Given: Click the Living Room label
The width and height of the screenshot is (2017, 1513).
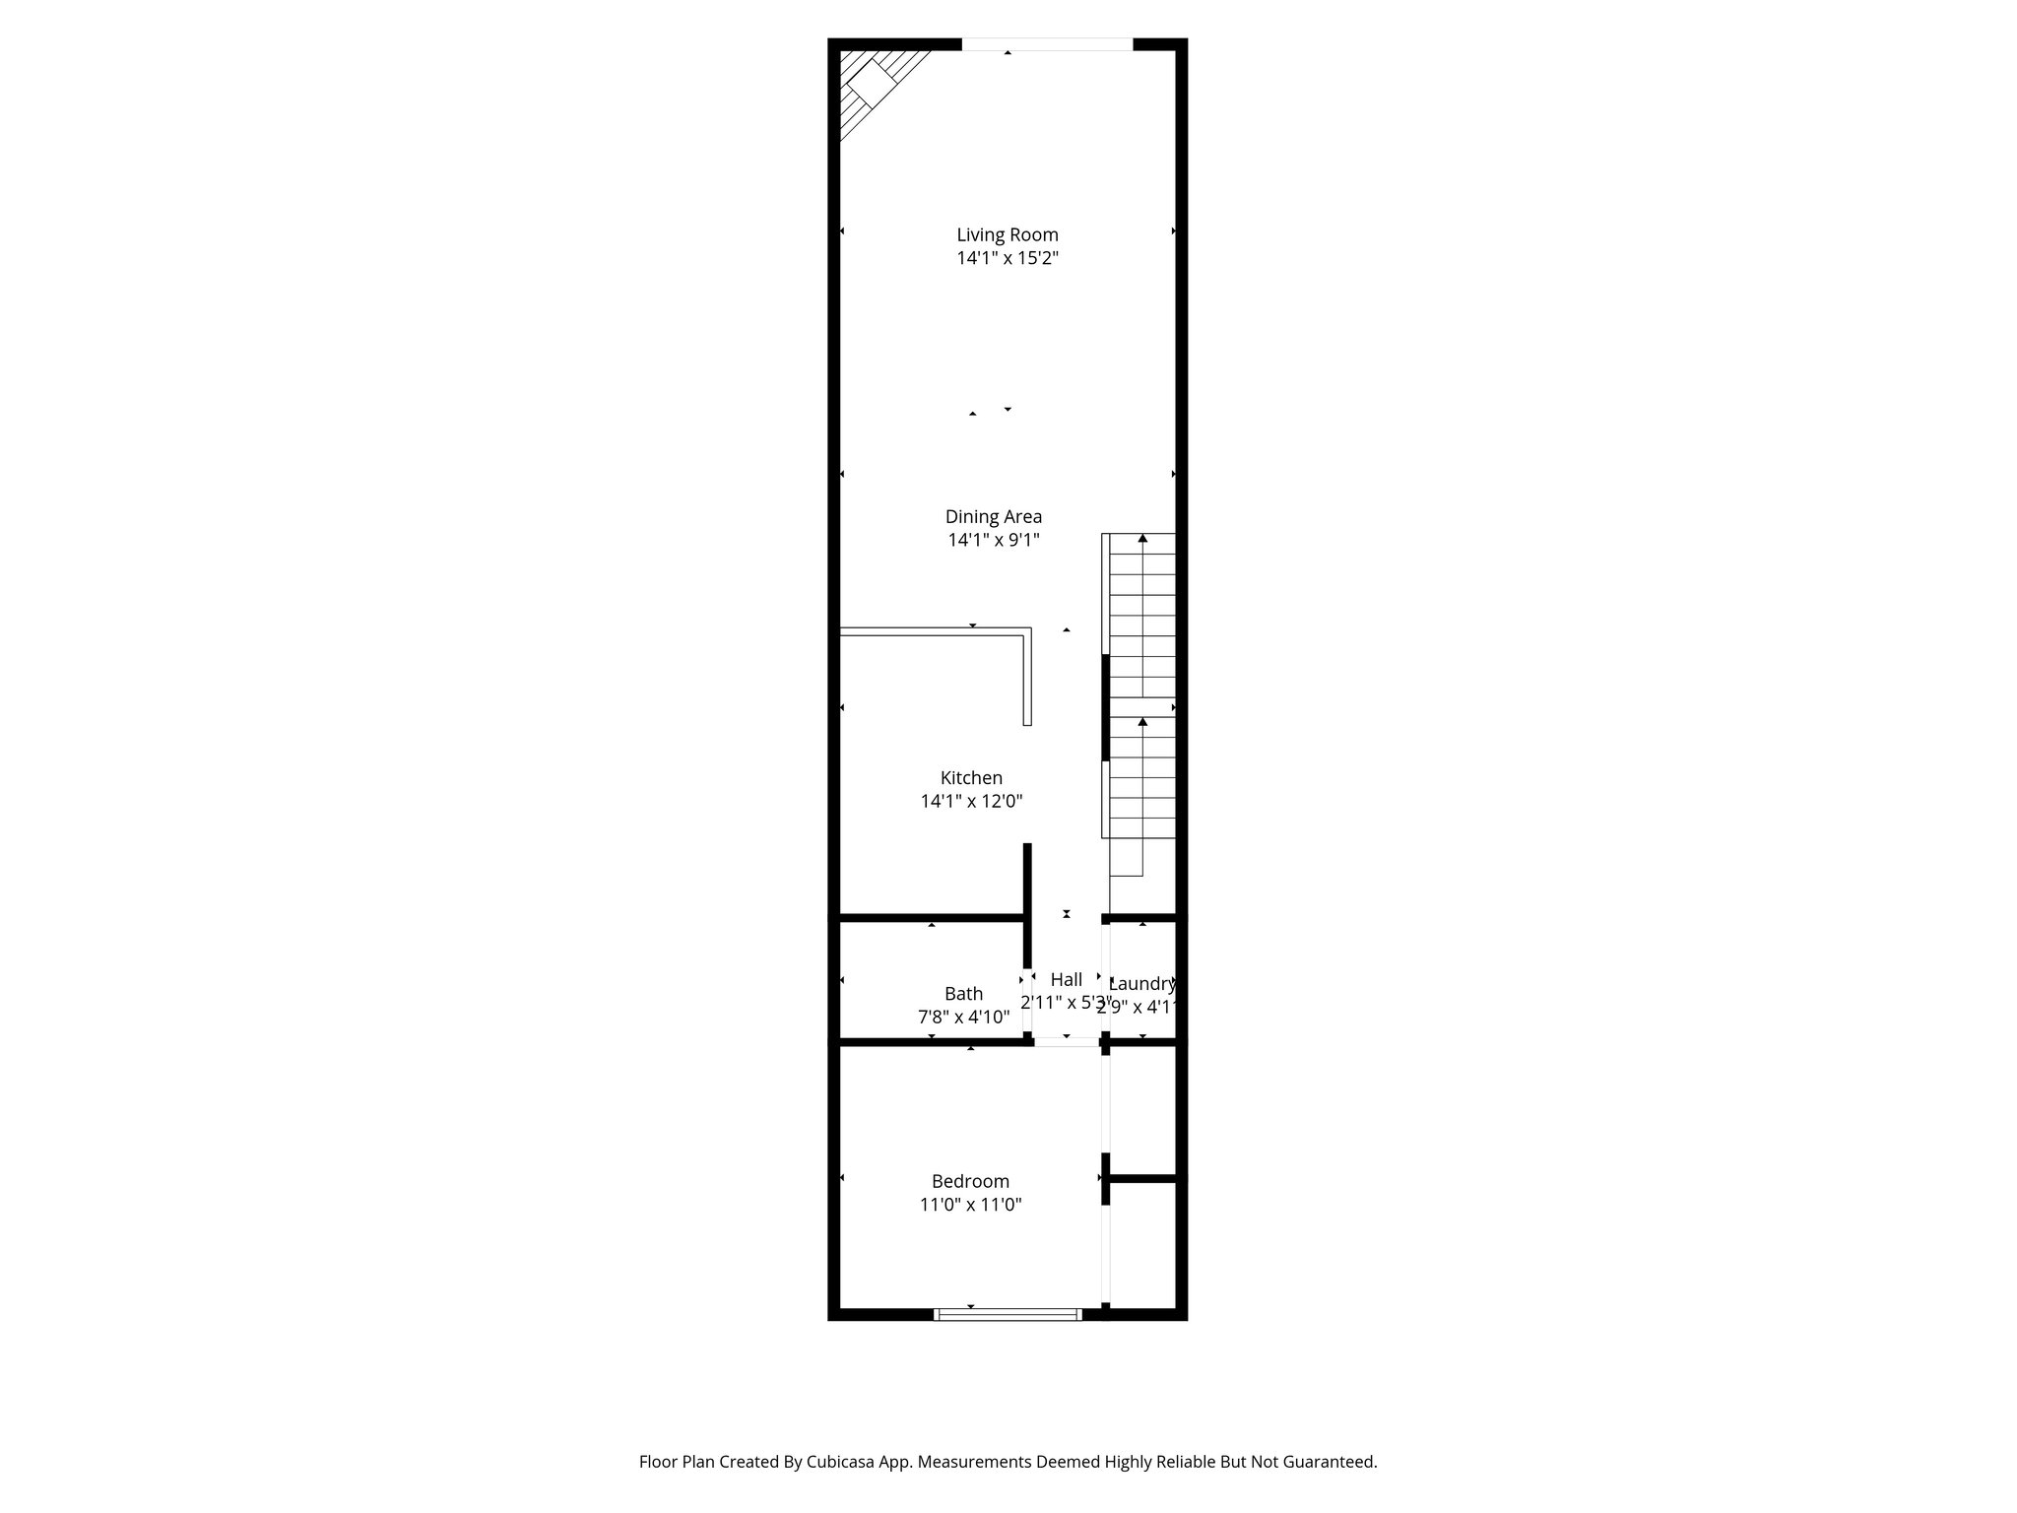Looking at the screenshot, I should click(x=1008, y=234).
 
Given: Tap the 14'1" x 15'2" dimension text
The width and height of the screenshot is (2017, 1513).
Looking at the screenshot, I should click(x=1008, y=258).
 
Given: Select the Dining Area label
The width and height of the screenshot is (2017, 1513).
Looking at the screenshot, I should click(x=993, y=516).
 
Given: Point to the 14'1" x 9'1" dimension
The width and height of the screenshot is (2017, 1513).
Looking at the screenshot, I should click(x=993, y=540).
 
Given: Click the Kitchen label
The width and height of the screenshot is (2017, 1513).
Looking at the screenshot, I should click(x=971, y=778).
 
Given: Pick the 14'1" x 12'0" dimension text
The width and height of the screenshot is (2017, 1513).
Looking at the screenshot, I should click(x=971, y=802).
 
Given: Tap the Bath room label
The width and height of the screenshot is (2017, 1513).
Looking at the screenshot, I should click(x=963, y=994).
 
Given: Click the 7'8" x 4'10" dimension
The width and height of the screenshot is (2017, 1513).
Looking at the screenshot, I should click(x=963, y=1018).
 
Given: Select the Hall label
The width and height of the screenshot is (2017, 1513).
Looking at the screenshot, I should click(x=1066, y=979).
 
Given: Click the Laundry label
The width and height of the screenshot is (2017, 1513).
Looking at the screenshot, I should click(x=1142, y=983).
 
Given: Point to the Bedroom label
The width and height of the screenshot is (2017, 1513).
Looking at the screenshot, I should click(x=970, y=1181).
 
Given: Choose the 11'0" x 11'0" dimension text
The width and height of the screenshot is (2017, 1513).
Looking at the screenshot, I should click(x=970, y=1205).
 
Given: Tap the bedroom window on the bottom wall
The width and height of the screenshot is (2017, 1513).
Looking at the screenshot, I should click(x=1008, y=1313).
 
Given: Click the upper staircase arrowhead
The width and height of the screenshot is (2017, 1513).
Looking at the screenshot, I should click(x=1142, y=539).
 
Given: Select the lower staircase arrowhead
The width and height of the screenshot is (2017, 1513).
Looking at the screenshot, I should click(x=1142, y=722).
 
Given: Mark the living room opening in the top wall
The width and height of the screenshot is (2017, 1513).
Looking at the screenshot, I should click(x=1047, y=44).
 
